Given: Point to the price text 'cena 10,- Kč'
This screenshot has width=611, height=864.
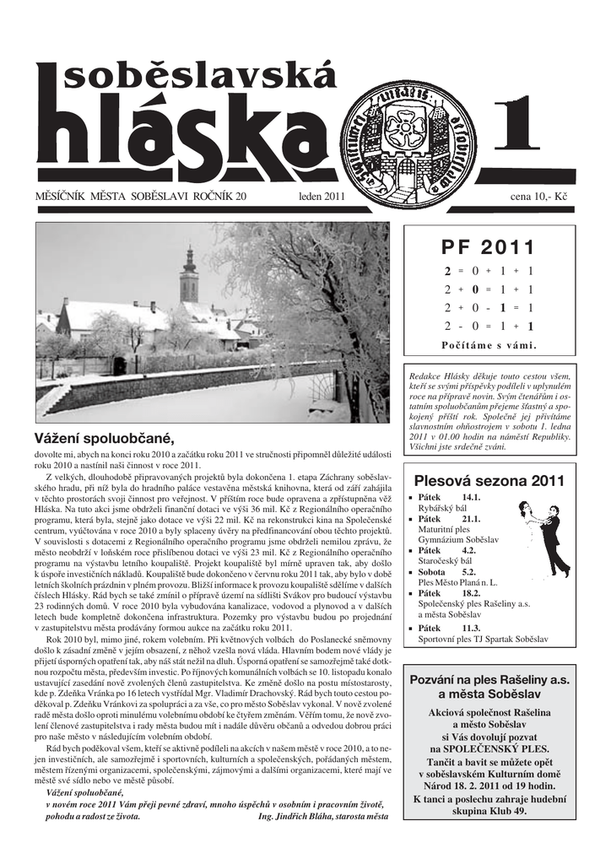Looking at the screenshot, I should click(x=539, y=197).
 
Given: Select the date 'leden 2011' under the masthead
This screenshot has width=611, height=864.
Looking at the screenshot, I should click(x=322, y=197).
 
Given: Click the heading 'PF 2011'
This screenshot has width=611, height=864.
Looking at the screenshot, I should click(x=489, y=247).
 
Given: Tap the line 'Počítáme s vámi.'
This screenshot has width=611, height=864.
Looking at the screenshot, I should click(x=489, y=345).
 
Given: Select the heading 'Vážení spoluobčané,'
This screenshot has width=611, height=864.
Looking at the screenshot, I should click(x=104, y=438).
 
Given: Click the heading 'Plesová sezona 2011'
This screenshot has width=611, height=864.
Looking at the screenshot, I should click(x=489, y=481).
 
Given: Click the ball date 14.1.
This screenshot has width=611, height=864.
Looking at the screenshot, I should click(x=471, y=497).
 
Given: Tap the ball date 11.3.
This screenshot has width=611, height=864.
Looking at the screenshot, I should click(x=471, y=629).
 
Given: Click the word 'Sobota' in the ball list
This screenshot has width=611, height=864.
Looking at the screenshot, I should click(x=433, y=571).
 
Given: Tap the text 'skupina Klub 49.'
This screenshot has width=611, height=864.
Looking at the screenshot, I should click(x=489, y=811).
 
